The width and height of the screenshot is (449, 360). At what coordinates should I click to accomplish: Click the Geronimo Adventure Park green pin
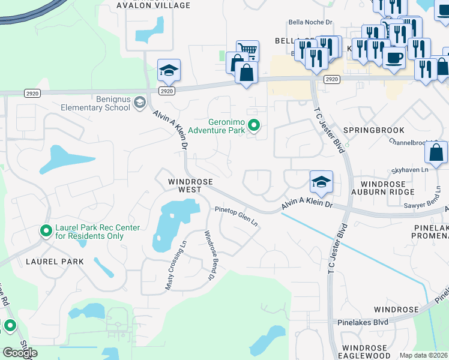coord(254,125)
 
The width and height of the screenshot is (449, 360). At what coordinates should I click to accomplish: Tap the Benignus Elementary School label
coord(95,103)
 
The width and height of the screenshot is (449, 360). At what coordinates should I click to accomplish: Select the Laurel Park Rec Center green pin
coord(46,231)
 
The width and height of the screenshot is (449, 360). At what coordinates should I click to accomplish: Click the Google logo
coord(20,353)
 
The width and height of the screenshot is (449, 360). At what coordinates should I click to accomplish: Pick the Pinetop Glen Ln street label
coord(237,217)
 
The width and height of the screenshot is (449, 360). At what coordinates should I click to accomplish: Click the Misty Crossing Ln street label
coord(176,265)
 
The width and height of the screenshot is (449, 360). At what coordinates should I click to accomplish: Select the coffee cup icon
coord(394,58)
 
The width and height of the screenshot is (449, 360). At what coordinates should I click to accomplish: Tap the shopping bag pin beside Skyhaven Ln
coord(436,152)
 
